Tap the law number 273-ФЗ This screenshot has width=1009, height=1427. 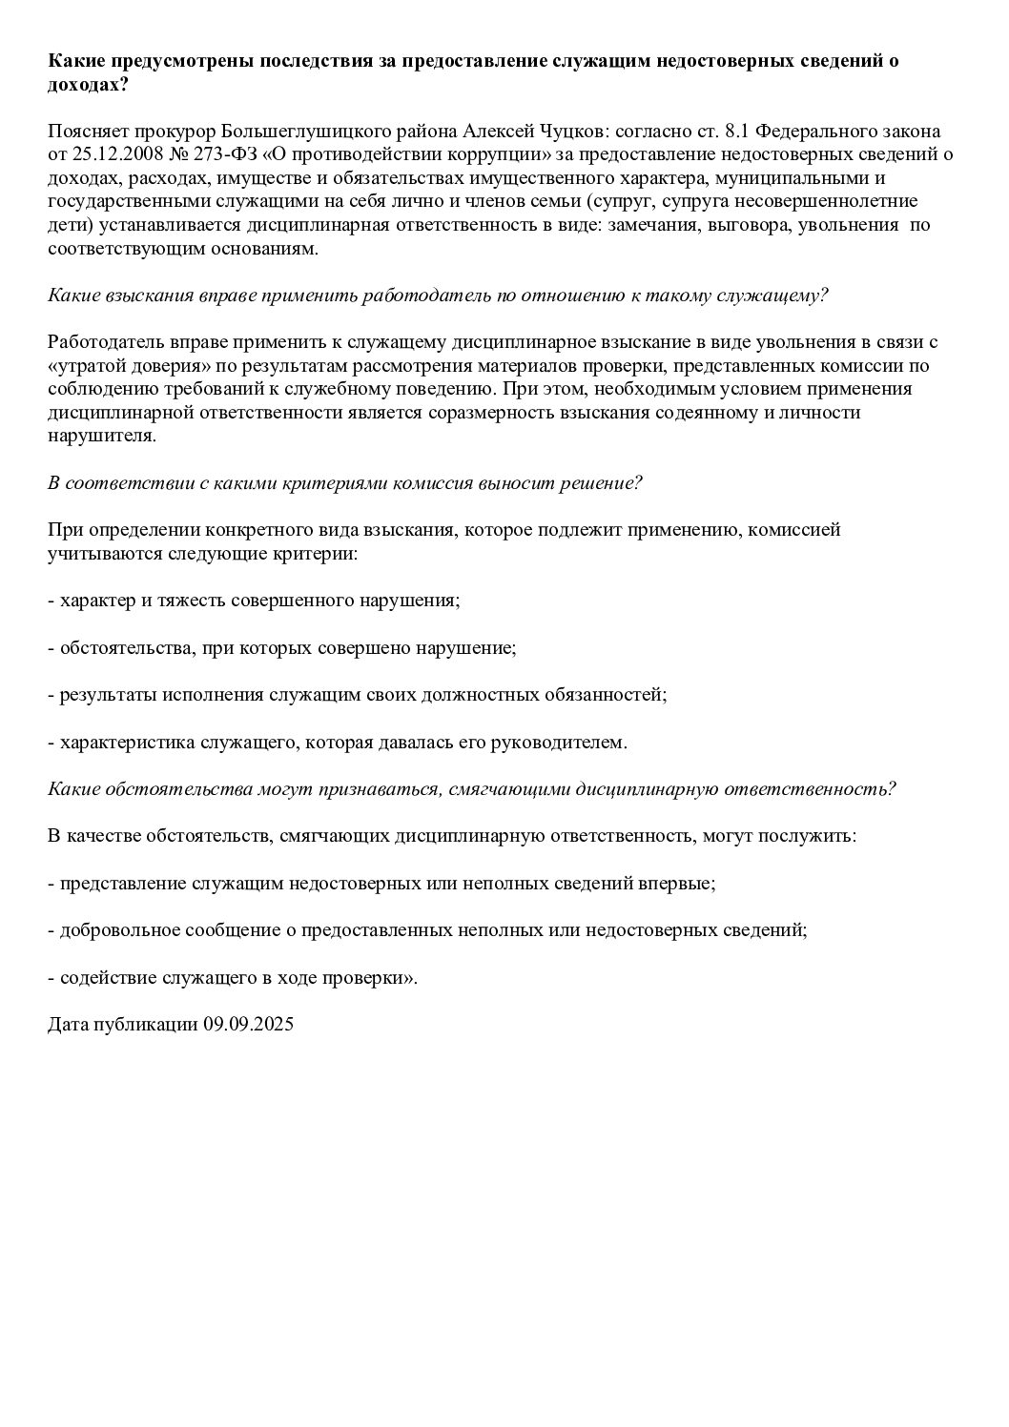click(x=231, y=154)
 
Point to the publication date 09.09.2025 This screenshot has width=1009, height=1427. click(x=248, y=1025)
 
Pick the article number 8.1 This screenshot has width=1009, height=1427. click(x=727, y=131)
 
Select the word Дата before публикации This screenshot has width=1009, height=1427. click(x=67, y=1025)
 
